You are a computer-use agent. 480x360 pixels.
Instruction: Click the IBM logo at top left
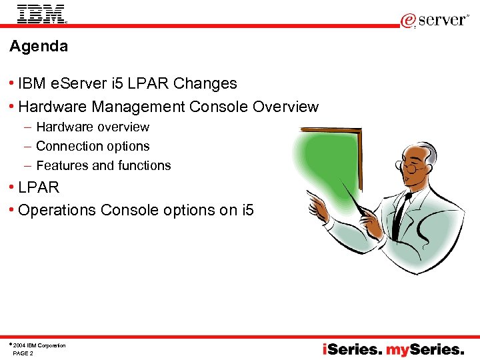tap(41, 13)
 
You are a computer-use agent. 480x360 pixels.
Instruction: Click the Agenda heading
tap(39, 47)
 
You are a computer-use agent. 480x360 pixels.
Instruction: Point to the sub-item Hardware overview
tap(93, 127)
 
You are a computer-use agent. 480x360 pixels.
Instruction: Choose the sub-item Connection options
tap(93, 146)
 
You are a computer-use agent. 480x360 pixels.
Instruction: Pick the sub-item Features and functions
tap(103, 165)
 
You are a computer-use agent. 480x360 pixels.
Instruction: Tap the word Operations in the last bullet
tap(57, 210)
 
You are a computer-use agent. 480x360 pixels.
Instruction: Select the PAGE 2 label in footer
tap(23, 353)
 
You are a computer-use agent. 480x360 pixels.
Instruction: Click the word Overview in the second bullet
tap(287, 107)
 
